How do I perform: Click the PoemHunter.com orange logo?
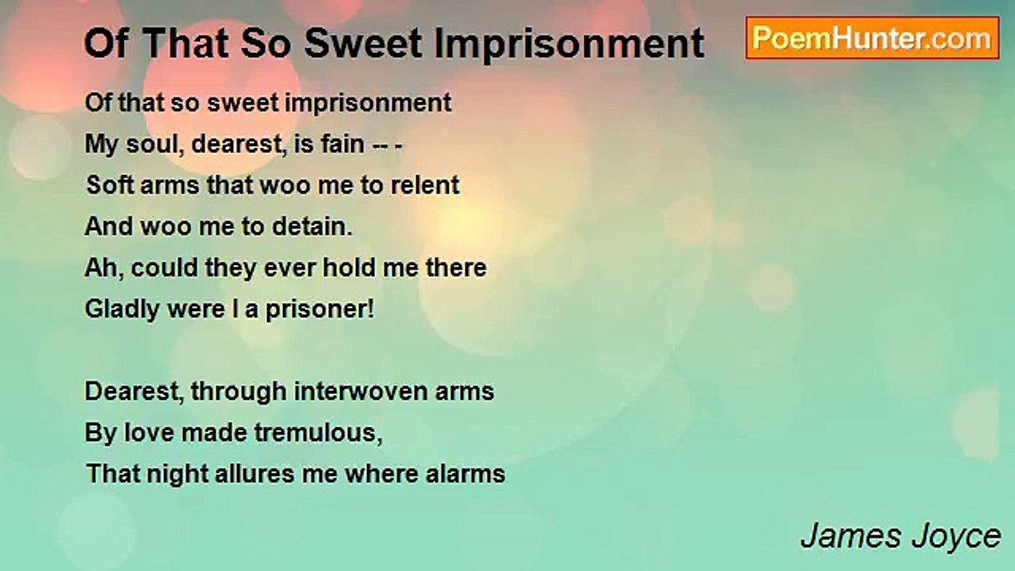(872, 38)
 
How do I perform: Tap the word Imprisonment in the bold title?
(569, 44)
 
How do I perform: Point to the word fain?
(343, 144)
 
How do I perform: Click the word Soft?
(110, 185)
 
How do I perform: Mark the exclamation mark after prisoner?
(371, 308)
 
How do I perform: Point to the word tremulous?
(318, 433)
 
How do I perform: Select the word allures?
(255, 473)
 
